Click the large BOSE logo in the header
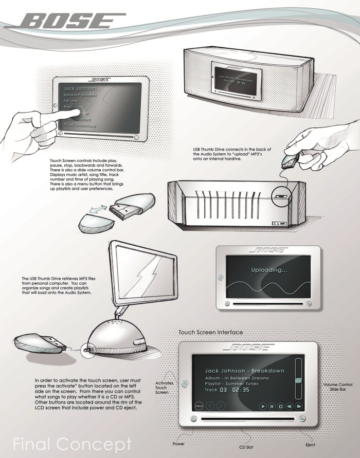pos(72,22)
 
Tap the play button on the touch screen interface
pos(263,406)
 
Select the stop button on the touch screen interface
pos(281,406)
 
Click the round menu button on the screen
pos(199,406)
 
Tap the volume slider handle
pos(298,381)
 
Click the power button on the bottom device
pos(192,419)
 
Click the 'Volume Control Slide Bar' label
pos(339,387)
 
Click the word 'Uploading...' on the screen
pos(268,270)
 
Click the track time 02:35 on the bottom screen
pos(240,390)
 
